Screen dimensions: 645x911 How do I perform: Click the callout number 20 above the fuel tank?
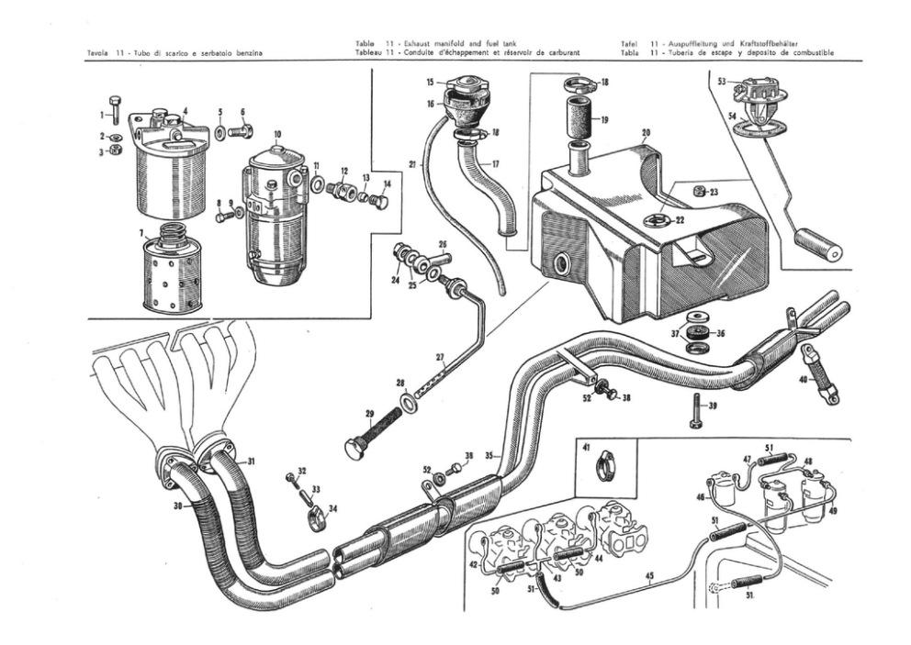pos(646,133)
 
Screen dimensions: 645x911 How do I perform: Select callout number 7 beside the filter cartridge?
pos(141,234)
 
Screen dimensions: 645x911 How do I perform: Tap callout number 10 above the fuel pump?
pos(277,134)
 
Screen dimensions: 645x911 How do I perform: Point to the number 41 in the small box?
pos(585,448)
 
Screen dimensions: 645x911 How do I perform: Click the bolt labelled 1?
pos(114,109)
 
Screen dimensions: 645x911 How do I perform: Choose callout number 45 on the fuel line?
pos(648,577)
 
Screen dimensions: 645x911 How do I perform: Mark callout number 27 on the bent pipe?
pos(439,357)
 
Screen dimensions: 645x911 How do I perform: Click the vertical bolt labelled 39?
pos(695,410)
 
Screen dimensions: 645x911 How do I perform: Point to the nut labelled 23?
pos(699,192)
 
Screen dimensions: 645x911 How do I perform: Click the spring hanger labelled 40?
pos(820,373)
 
